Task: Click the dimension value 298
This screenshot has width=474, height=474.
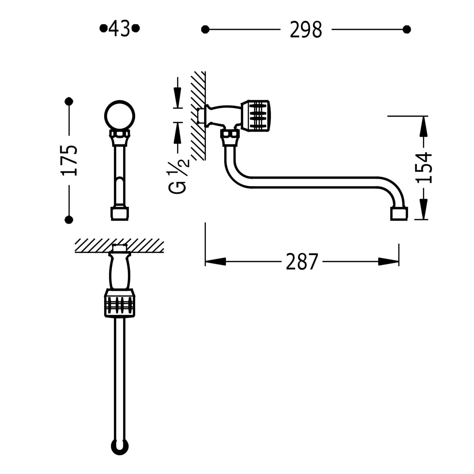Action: click(306, 30)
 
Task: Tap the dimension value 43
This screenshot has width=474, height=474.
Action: click(119, 28)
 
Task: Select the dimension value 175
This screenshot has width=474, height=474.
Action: click(70, 160)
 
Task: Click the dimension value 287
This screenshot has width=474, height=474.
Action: click(301, 262)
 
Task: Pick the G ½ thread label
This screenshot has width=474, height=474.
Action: click(179, 177)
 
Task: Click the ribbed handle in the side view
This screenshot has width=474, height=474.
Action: click(255, 116)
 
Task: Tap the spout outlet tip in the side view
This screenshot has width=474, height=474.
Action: click(399, 214)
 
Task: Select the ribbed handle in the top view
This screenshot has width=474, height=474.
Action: click(120, 303)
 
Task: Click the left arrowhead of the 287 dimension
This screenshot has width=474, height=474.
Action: click(216, 262)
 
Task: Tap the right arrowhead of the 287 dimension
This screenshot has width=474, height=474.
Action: click(388, 262)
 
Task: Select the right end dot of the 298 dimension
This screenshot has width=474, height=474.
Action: click(407, 30)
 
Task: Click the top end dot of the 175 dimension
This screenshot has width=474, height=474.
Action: click(69, 101)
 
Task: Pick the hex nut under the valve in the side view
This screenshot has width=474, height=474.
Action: click(230, 137)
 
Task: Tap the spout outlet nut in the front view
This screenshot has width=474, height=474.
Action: click(120, 214)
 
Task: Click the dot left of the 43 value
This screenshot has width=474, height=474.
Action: click(103, 28)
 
